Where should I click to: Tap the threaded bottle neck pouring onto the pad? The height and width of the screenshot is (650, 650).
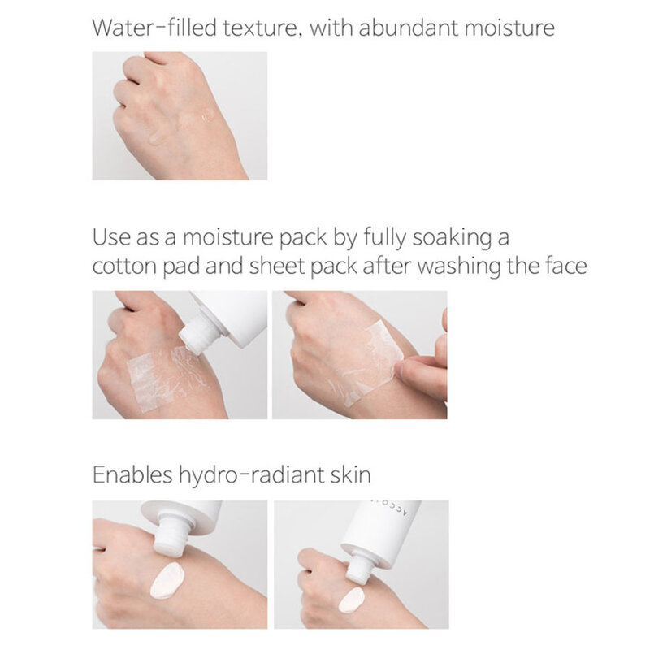pos(197,336)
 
